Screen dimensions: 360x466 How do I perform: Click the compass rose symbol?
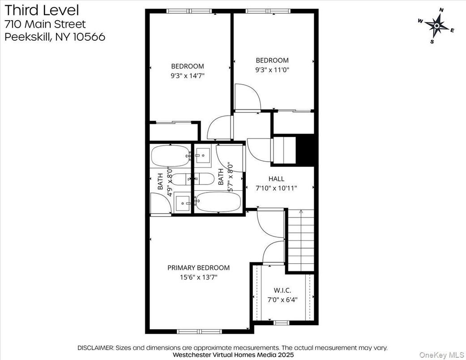[436, 26]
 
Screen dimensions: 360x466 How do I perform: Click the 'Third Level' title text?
[41, 9]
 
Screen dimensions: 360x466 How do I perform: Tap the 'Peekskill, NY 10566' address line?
[55, 37]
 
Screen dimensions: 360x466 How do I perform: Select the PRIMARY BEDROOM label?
[198, 268]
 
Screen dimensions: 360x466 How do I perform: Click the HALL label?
[276, 179]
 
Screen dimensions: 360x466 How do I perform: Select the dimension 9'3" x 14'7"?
[187, 76]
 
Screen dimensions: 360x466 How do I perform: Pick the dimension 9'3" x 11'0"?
[272, 70]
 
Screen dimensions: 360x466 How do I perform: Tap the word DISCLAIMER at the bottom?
[96, 347]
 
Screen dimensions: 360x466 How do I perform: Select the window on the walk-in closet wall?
[281, 322]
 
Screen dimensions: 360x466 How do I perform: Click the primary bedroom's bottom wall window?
[197, 332]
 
